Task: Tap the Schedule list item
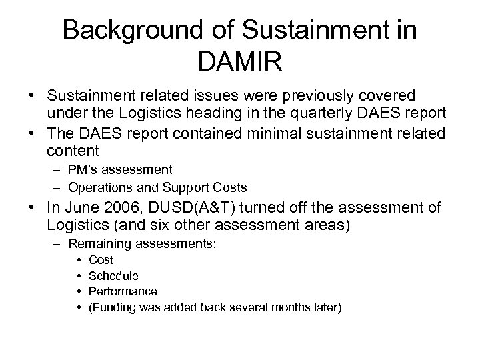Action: click(113, 275)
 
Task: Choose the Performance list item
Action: click(123, 291)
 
